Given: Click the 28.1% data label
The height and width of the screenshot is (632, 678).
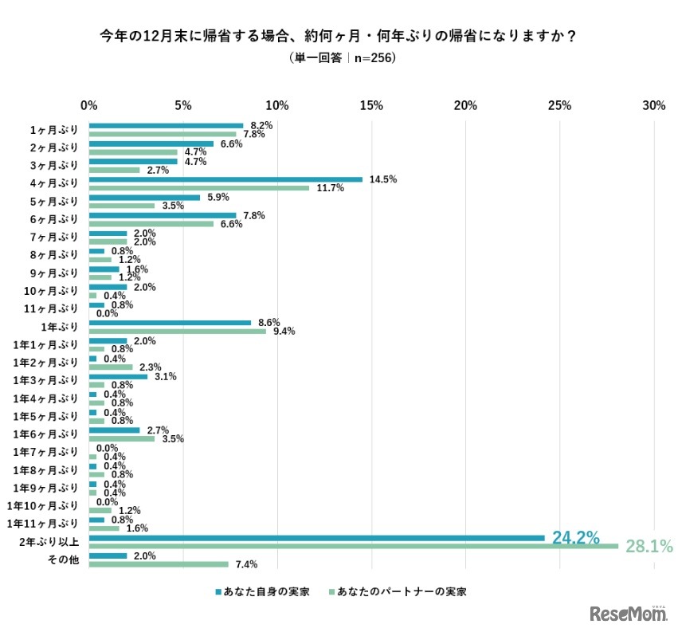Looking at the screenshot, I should (648, 547).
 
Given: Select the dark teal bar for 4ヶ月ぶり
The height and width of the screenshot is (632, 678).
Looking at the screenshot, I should (225, 179).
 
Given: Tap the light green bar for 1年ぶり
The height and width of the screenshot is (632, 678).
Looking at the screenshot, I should (178, 331).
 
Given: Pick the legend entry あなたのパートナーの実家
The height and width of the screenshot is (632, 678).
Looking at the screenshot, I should (396, 592).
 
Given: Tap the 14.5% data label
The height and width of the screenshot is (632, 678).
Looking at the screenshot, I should (383, 179).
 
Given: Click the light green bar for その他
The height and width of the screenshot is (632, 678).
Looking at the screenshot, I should (159, 564).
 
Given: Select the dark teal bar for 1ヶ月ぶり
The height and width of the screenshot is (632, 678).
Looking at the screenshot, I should (166, 125).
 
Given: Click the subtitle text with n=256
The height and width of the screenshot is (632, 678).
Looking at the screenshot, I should (339, 58).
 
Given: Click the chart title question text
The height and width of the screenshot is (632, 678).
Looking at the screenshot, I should (339, 36).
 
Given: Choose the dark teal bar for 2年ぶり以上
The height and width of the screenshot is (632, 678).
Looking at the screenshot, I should (316, 538).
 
